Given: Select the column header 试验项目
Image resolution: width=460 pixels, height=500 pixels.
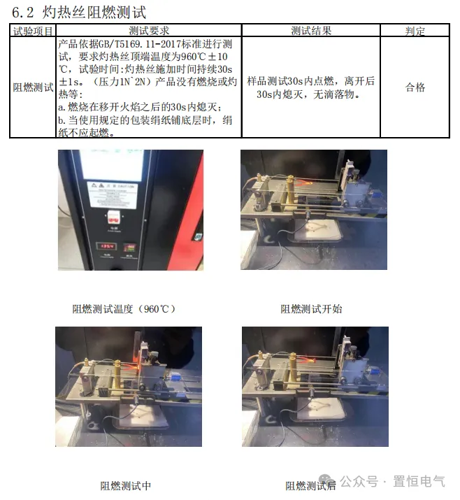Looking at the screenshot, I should pyautogui.click(x=32, y=30).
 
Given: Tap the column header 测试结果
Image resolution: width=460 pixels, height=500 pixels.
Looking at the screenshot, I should pyautogui.click(x=311, y=30).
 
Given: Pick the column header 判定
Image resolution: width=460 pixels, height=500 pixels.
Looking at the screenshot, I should pyautogui.click(x=415, y=30).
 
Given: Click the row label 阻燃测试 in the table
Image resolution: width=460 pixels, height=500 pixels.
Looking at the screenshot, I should pyautogui.click(x=33, y=87).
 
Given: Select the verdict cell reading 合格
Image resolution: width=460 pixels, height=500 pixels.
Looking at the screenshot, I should pyautogui.click(x=415, y=87).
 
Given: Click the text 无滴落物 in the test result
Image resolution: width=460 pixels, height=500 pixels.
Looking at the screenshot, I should pyautogui.click(x=336, y=94).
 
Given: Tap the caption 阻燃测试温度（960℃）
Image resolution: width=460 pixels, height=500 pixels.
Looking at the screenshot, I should pyautogui.click(x=124, y=308).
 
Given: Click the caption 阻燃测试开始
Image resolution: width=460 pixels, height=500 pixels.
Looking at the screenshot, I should pyautogui.click(x=312, y=308).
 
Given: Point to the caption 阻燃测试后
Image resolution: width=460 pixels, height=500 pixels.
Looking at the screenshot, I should pyautogui.click(x=310, y=485).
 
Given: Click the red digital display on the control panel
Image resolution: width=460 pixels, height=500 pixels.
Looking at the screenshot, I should pyautogui.click(x=107, y=246).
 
